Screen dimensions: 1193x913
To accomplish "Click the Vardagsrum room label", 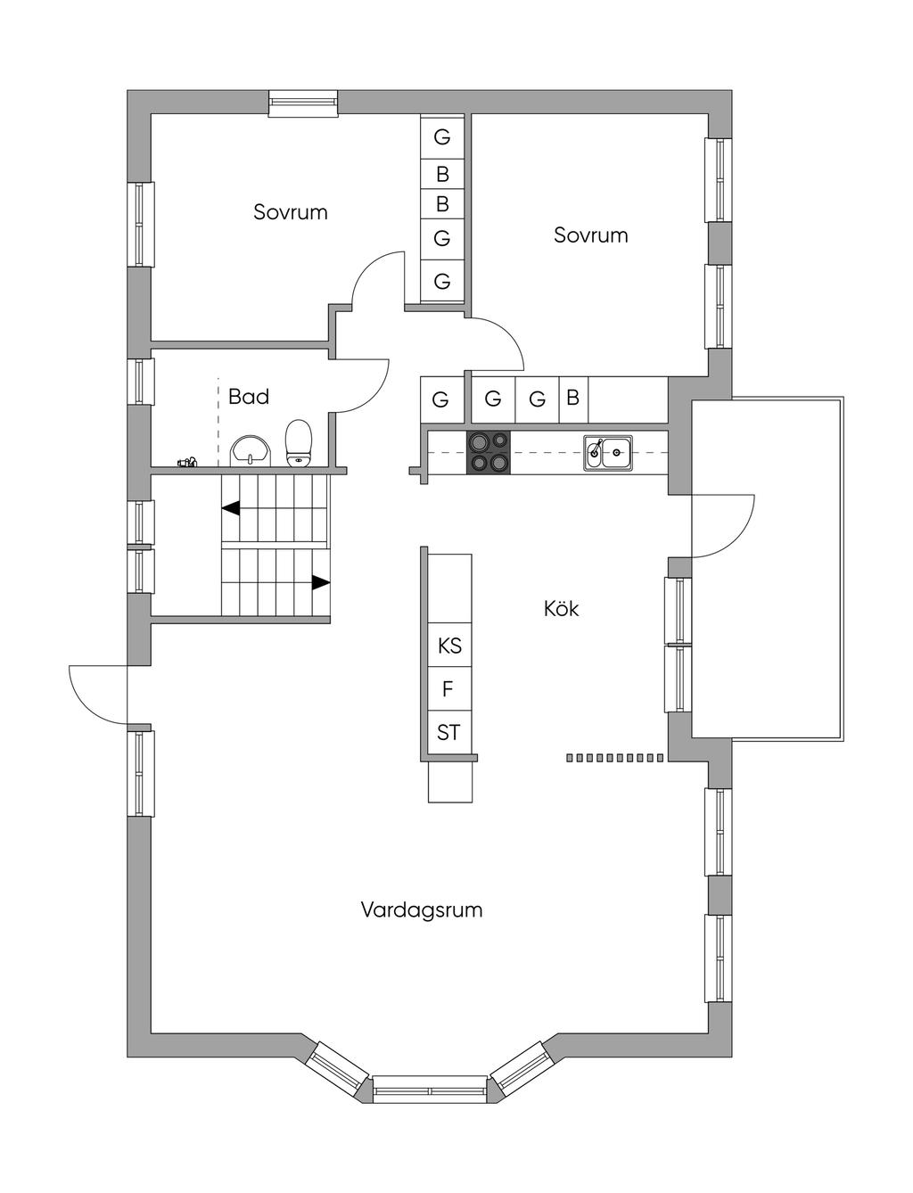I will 421,910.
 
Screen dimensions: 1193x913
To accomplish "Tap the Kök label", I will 562,609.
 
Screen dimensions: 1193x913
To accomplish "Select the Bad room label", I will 248,397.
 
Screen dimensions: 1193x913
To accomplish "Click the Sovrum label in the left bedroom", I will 290,212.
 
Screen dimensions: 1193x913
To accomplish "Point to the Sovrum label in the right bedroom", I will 590,235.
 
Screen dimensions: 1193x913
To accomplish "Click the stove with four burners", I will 489,452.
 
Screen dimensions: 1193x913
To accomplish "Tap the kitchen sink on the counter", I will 608,453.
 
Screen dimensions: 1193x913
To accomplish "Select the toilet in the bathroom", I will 299,443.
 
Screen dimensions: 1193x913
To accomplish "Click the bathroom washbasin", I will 251,449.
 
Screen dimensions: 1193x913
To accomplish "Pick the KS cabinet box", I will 449,645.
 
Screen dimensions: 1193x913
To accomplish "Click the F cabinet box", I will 448,689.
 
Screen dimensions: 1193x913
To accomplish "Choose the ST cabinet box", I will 448,733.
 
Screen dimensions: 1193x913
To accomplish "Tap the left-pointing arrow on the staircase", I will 231,509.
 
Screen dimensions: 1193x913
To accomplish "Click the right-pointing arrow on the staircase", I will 320,583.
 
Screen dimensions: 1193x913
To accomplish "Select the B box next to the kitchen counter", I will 572,398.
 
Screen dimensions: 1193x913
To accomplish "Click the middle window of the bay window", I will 430,1090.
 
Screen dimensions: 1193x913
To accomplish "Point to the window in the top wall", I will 304,103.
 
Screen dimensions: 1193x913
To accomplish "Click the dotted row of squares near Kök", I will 615,758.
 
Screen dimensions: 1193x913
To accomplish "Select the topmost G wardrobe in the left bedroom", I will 442,137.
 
